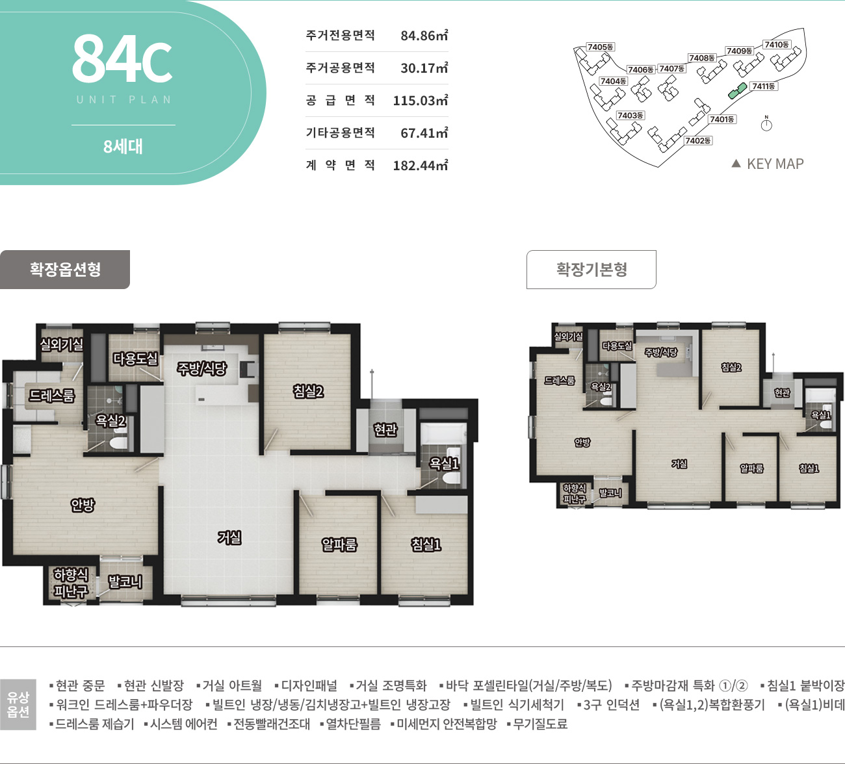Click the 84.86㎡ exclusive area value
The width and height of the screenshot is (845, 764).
(424, 35)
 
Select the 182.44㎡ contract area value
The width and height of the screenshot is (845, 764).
(421, 165)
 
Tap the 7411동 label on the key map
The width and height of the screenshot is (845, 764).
(764, 86)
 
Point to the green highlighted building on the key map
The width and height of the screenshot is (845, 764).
(738, 91)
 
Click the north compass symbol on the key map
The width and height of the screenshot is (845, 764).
(766, 124)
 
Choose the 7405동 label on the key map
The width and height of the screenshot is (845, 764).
(601, 47)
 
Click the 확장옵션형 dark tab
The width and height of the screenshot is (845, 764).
(65, 270)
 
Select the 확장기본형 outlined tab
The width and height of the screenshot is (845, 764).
(591, 270)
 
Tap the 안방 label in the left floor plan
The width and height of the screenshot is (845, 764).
(83, 505)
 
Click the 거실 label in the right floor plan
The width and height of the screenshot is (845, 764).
(679, 464)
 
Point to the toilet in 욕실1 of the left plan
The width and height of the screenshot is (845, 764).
(451, 478)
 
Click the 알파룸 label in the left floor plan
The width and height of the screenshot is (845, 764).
(339, 544)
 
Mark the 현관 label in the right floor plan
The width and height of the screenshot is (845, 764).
(782, 392)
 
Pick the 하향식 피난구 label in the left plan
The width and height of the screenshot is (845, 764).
(71, 583)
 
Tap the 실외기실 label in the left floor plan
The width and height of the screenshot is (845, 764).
(62, 344)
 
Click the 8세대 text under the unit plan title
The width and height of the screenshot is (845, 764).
(123, 147)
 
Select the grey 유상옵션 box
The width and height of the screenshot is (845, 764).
(18, 704)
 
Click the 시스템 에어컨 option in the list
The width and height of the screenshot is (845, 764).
(181, 724)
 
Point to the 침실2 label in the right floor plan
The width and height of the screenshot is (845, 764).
(731, 367)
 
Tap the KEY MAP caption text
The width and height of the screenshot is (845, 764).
(775, 164)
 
